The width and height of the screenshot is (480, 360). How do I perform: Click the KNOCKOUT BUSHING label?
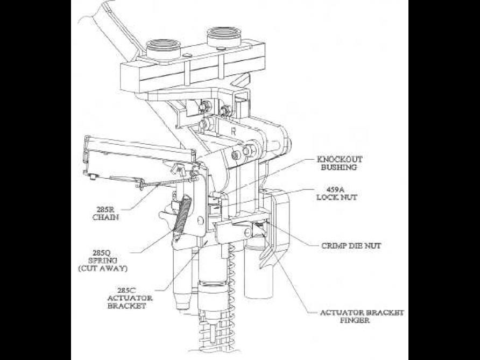pyautogui.click(x=340, y=163)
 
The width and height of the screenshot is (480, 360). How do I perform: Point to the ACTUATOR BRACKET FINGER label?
pyautogui.click(x=362, y=316)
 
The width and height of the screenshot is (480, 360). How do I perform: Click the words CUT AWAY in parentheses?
pyautogui.click(x=114, y=267)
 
